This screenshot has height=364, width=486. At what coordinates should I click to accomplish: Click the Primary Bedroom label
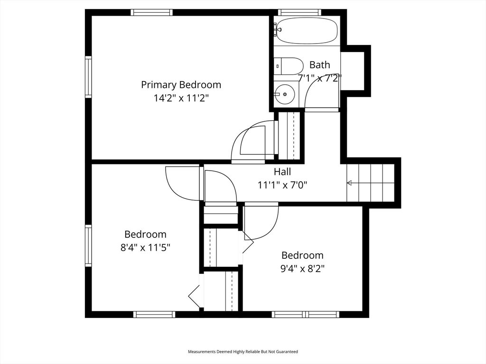[181, 85]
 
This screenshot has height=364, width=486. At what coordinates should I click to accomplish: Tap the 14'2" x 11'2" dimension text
[181, 98]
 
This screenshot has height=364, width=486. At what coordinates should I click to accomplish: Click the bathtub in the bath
[307, 31]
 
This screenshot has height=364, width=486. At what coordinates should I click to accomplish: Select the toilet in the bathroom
[289, 66]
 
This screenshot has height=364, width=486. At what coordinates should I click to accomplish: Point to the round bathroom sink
[285, 94]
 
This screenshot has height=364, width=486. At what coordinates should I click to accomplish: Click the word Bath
[319, 65]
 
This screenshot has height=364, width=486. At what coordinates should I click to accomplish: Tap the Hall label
[282, 172]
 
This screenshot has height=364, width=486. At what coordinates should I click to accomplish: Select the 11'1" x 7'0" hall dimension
[282, 185]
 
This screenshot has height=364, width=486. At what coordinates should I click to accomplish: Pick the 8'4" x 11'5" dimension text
[145, 247]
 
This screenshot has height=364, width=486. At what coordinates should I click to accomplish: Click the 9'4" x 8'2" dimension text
[302, 268]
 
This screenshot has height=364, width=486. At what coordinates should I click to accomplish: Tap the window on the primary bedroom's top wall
[151, 13]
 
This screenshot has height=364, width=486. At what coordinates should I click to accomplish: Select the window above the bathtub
[299, 13]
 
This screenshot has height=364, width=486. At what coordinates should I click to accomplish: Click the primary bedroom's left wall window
[88, 77]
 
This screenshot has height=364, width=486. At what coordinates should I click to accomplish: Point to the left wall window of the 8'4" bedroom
[88, 246]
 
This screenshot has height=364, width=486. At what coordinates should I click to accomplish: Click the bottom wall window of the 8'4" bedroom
[154, 314]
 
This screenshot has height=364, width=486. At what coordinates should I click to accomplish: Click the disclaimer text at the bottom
[243, 352]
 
